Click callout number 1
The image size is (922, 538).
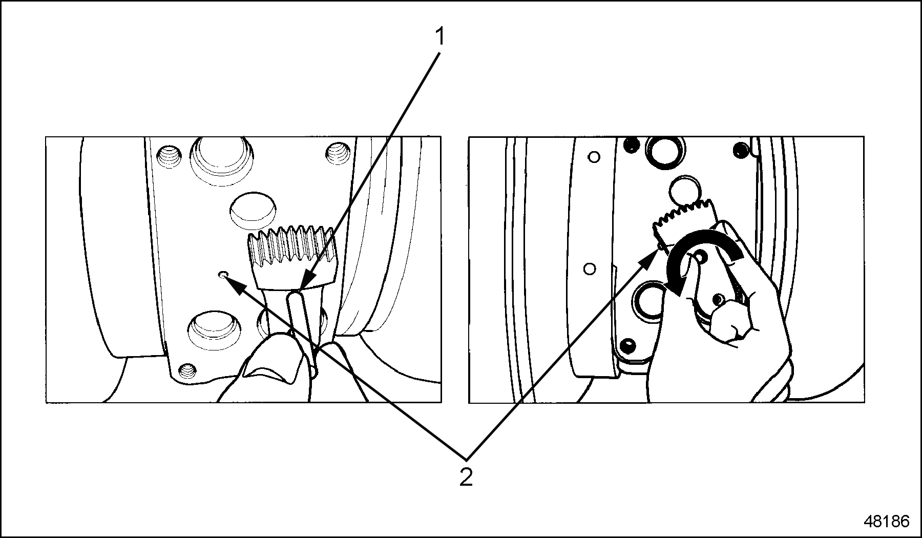[439, 37]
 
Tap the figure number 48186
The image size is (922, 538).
[886, 522]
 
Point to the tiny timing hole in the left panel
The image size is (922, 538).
[222, 275]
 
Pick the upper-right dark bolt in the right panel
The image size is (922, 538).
[739, 150]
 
